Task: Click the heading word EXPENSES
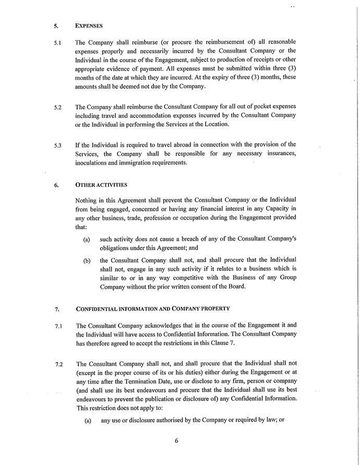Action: (89, 25)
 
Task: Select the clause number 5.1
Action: (58, 43)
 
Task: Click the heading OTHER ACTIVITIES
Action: (101, 184)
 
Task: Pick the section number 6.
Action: (56, 185)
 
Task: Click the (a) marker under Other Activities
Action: (87, 240)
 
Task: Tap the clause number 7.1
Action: (58, 327)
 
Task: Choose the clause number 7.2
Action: (58, 364)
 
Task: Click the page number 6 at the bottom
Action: (176, 440)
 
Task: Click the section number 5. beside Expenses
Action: (56, 25)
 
